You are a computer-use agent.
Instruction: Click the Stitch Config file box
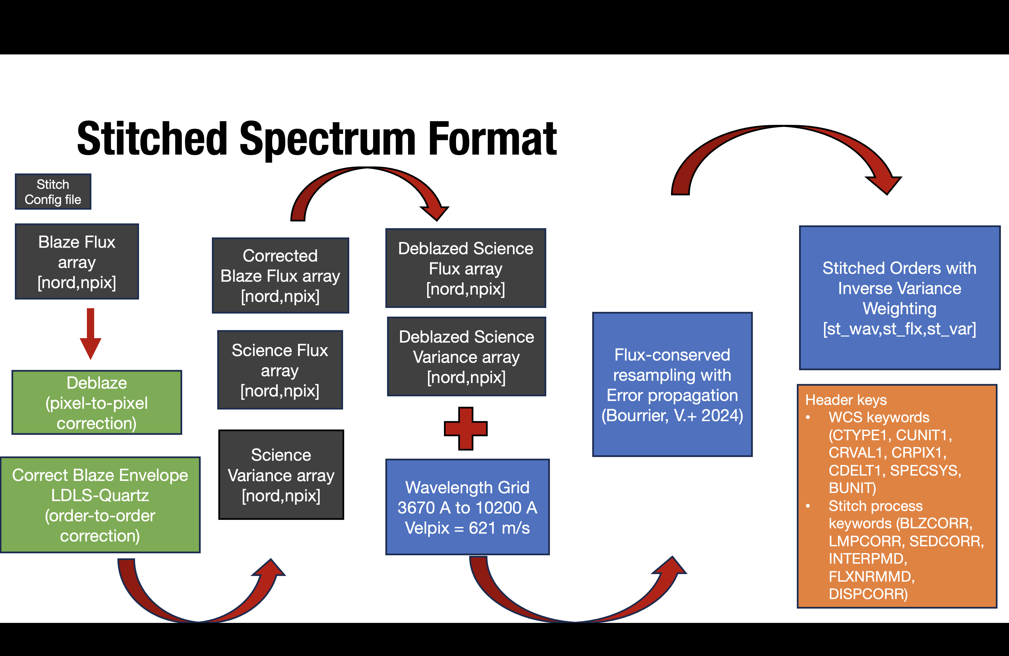(53, 192)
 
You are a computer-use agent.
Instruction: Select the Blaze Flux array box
(77, 262)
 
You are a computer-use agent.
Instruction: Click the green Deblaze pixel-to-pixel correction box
(97, 403)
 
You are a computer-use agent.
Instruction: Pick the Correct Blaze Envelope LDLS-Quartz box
(100, 505)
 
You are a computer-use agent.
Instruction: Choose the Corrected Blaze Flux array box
(280, 276)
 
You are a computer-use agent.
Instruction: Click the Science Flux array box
(280, 370)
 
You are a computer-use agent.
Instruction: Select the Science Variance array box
(281, 475)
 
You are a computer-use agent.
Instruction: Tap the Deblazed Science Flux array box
(466, 268)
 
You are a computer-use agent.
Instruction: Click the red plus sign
(466, 428)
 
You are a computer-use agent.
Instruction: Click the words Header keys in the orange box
(846, 400)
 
